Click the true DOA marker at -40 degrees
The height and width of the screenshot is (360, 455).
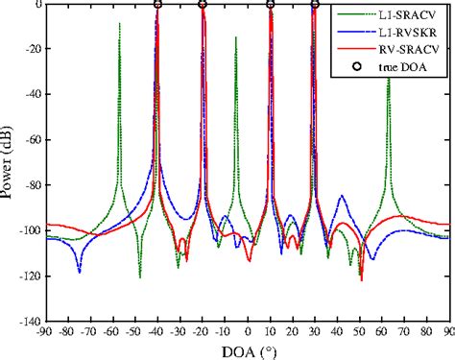pyautogui.click(x=157, y=5)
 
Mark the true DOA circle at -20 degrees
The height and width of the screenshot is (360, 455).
pyautogui.click(x=203, y=5)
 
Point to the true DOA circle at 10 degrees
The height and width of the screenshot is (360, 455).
pyautogui.click(x=271, y=5)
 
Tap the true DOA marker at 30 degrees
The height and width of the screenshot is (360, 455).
pyautogui.click(x=315, y=5)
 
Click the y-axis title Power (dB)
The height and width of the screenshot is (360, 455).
pyautogui.click(x=9, y=163)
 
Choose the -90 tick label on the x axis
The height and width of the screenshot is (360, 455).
pyautogui.click(x=44, y=333)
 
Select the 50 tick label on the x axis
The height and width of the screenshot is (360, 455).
pyautogui.click(x=360, y=333)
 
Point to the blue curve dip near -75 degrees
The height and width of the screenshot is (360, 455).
pyautogui.click(x=79, y=272)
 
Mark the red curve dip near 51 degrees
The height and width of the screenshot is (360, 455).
pyautogui.click(x=361, y=278)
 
